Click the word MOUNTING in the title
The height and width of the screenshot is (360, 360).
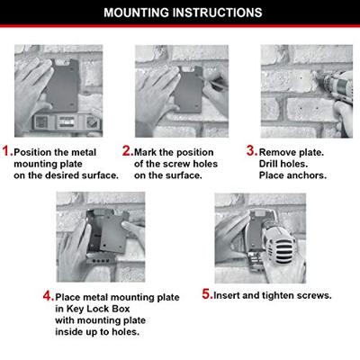(137, 13)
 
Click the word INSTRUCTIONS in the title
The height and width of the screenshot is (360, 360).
(218, 13)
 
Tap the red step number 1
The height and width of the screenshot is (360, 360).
(6, 150)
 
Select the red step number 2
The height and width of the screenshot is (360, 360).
(127, 150)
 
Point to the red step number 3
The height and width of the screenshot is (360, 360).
(251, 150)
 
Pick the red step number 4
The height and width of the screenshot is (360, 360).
(48, 296)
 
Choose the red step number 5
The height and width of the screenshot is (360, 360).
(206, 294)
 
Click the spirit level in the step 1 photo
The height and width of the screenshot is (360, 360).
(67, 121)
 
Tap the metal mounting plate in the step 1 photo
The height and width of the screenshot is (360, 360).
(63, 85)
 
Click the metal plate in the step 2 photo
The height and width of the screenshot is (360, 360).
(188, 89)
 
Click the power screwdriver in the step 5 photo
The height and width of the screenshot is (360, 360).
(277, 245)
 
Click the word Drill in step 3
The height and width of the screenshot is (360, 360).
(268, 164)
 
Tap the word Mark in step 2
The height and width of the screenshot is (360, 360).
(146, 152)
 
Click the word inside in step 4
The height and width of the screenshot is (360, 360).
(69, 331)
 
